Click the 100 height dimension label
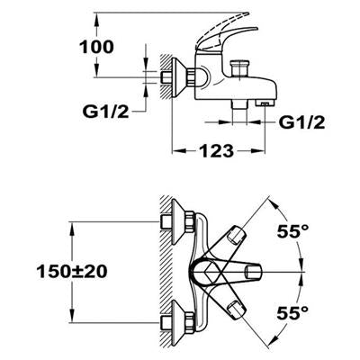pyautogui.click(x=96, y=47)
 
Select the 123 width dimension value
pyautogui.click(x=216, y=151)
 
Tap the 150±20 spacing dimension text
pyautogui.click(x=72, y=272)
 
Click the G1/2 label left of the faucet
pyautogui.click(x=105, y=112)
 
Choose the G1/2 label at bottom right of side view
pyautogui.click(x=301, y=122)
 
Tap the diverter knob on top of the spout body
pyautogui.click(x=239, y=69)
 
